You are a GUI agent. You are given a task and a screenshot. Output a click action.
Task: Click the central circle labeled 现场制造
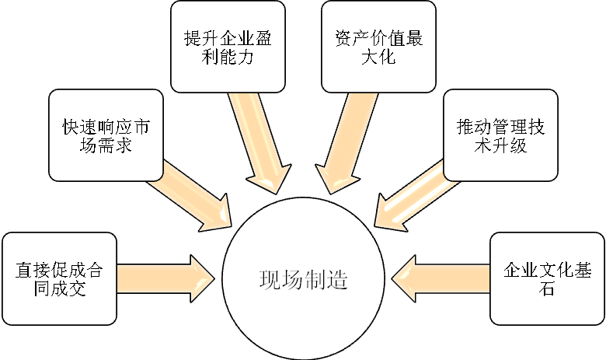click(x=303, y=279)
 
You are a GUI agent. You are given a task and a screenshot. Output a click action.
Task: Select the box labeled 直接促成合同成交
click(x=59, y=278)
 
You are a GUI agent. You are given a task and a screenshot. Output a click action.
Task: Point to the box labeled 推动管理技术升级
click(x=500, y=136)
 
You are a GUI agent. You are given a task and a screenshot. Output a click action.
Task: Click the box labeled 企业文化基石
click(x=547, y=278)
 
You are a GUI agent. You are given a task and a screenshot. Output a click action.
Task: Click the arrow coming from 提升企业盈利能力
click(x=260, y=144)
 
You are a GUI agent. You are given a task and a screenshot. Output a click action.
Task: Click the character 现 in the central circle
click(x=269, y=280)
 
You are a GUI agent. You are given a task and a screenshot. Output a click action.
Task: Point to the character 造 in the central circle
click(x=336, y=280)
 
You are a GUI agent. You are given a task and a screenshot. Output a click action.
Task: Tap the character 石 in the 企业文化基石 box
click(x=547, y=289)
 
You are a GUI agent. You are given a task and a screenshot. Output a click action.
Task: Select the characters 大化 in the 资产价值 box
click(x=379, y=58)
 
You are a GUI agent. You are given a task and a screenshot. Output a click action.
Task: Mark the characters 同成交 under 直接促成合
click(x=59, y=289)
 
